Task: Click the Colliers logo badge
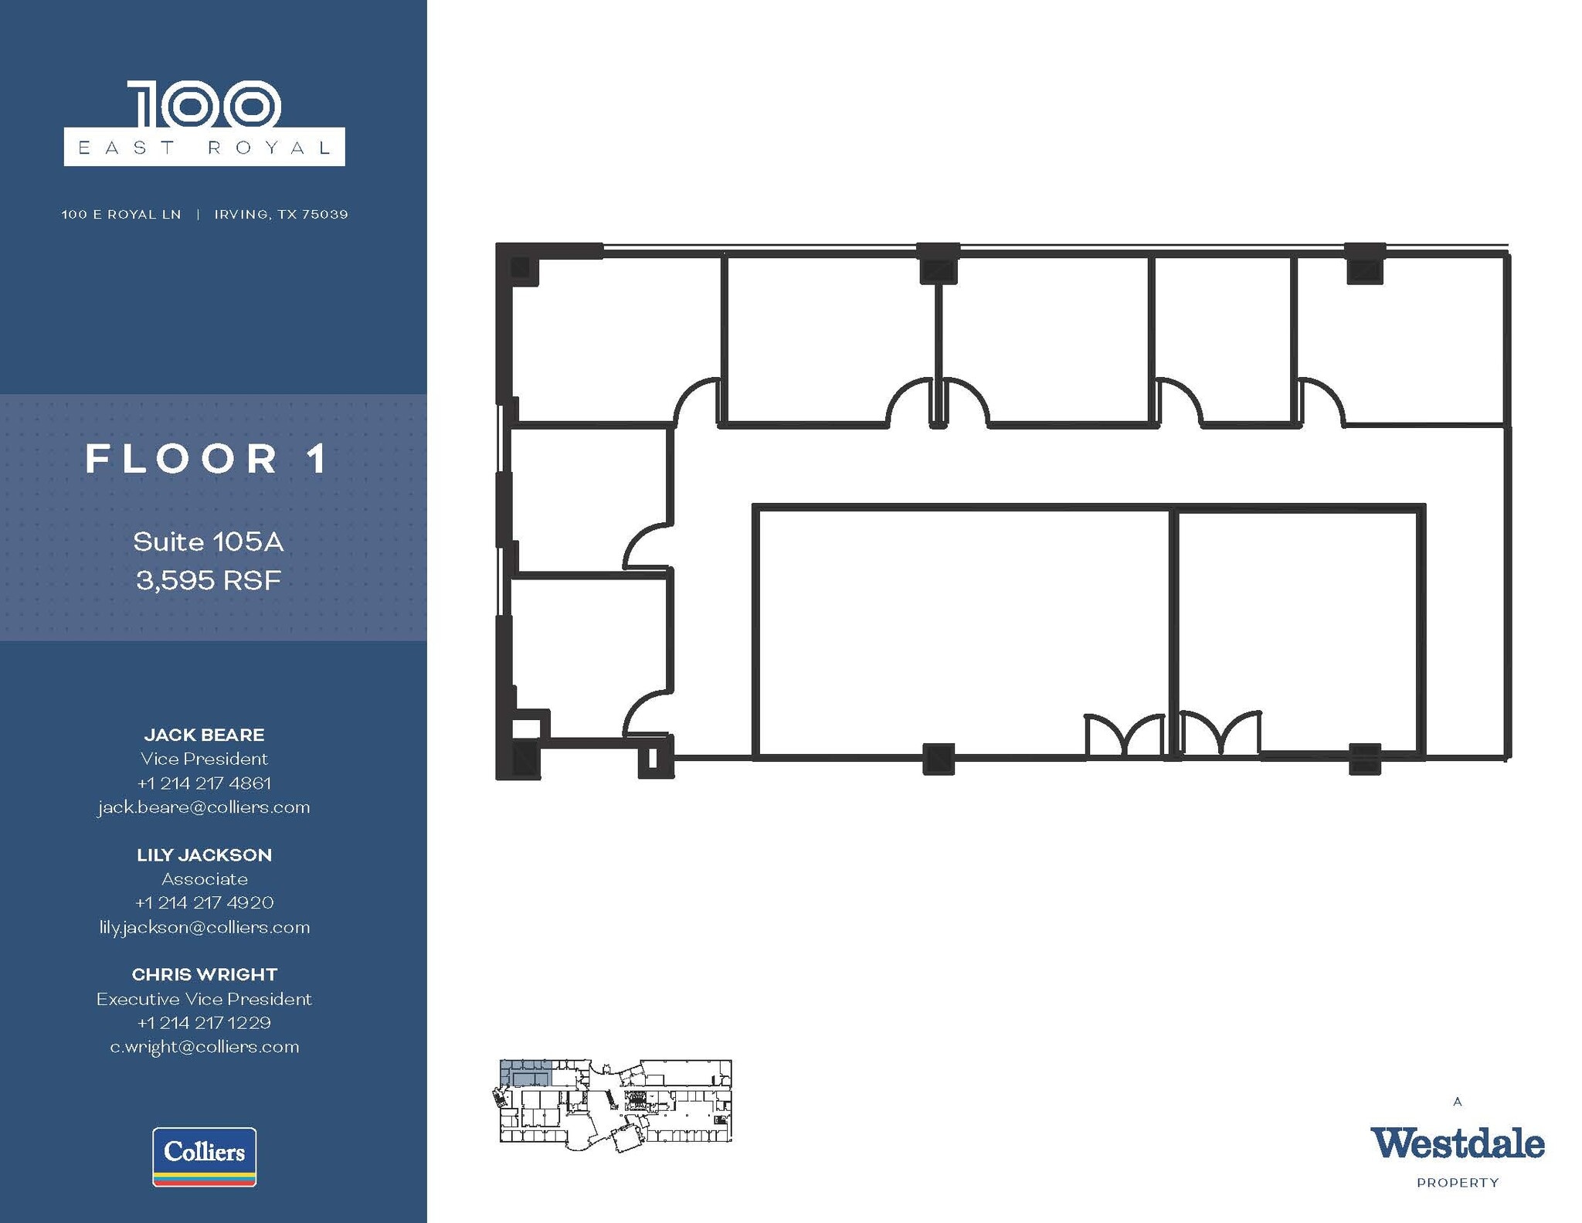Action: point(204,1156)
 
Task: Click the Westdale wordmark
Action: point(1457,1143)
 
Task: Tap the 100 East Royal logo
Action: point(204,124)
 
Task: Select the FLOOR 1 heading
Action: point(207,459)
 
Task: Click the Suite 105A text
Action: point(208,542)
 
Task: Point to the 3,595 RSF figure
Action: point(208,580)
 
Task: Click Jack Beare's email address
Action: point(204,807)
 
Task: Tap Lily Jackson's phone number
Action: point(204,902)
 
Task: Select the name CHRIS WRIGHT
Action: point(204,974)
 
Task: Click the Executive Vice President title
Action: point(204,999)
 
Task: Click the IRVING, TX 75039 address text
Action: point(280,214)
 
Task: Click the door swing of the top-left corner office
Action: point(697,402)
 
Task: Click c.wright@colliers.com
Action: point(204,1047)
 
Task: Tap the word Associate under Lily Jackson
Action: point(204,879)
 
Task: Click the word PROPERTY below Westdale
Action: point(1457,1182)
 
